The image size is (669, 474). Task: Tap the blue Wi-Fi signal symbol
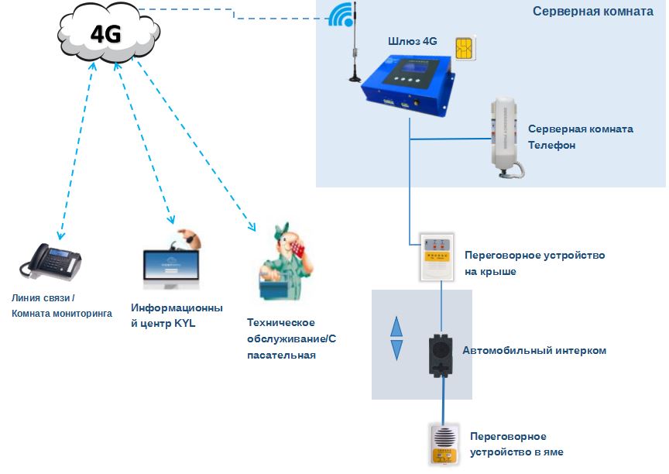pos(340,15)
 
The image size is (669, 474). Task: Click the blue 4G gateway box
pos(409,84)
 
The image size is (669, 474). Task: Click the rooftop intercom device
pos(436,256)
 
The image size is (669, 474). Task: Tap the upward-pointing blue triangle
pos(396,325)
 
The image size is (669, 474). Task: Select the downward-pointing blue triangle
pos(396,350)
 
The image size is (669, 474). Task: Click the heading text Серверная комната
pos(593,12)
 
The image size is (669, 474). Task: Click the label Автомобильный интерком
pos(534,351)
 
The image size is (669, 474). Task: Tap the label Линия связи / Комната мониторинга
pos(61,306)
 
